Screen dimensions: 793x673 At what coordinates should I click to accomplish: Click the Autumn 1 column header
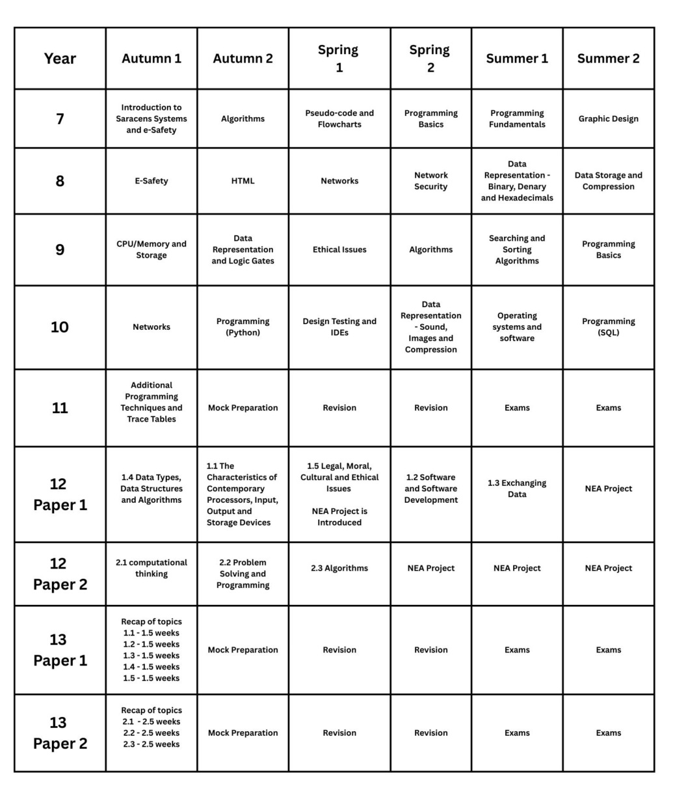[x=152, y=59]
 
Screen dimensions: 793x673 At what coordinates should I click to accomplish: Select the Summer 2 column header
[x=608, y=59]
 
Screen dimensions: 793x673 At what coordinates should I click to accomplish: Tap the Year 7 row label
[x=60, y=119]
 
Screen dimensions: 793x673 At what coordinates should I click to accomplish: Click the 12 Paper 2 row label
[x=60, y=574]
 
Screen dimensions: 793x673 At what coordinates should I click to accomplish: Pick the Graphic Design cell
[x=608, y=119]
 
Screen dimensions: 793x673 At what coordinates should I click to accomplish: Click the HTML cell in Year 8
[x=243, y=181]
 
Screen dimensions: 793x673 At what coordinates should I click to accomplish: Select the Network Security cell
[x=430, y=181]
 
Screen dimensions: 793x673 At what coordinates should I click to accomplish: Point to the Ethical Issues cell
[x=339, y=250]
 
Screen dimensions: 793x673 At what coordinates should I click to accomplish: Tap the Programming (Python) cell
[x=243, y=327]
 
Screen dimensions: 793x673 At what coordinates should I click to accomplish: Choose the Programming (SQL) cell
[x=608, y=327]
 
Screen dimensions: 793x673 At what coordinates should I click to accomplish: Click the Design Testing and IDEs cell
[x=339, y=327]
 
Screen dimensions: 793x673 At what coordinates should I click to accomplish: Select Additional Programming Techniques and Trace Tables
[x=152, y=402]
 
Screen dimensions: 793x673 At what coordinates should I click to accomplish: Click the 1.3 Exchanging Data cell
[x=517, y=489]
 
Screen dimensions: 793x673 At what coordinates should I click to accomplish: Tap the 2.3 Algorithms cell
[x=339, y=569]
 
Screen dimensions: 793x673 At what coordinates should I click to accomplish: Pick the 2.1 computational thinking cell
[x=152, y=568]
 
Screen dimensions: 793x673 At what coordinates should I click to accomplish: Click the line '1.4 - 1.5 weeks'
[x=152, y=667]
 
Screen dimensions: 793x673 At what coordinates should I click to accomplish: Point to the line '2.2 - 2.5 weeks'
[x=152, y=733]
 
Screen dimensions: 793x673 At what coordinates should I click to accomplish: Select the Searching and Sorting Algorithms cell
[x=517, y=250]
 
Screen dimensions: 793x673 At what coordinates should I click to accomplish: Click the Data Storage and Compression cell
[x=608, y=181]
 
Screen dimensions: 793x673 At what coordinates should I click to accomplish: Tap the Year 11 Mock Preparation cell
[x=243, y=408]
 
